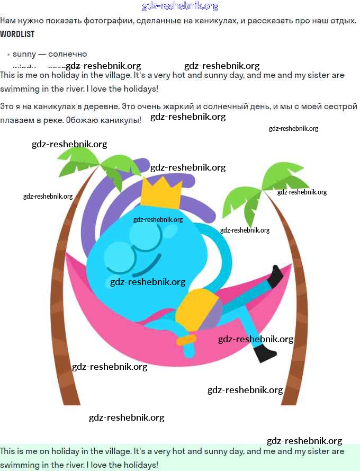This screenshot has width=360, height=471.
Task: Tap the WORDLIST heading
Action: point(17,34)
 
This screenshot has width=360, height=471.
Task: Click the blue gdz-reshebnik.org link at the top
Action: point(180,6)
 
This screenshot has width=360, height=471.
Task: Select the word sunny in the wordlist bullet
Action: point(24,54)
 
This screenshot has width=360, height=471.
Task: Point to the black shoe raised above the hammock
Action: point(276,276)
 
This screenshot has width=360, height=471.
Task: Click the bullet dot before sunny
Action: point(8,55)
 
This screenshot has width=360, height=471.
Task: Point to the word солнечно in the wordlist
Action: point(67,54)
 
